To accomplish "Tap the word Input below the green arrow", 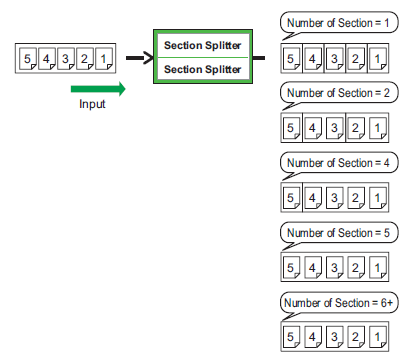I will click(x=92, y=104).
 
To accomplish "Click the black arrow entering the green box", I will click(x=137, y=58).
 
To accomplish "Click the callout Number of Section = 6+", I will click(x=335, y=302).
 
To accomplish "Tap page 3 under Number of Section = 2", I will click(x=333, y=129).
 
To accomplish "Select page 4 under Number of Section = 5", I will click(x=313, y=269).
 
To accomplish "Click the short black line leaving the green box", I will click(x=259, y=58).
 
